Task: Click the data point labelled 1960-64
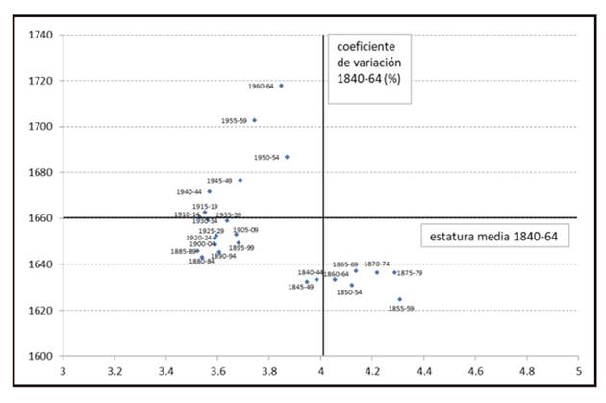(281, 86)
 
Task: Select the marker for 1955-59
(254, 120)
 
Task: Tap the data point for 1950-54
(287, 157)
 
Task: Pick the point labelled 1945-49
(240, 180)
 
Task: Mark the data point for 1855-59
(399, 299)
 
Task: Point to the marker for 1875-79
(394, 272)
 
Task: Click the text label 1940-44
(189, 192)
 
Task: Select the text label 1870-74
(376, 264)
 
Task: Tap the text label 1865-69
(345, 264)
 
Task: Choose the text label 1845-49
(301, 287)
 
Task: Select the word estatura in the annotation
(452, 234)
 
